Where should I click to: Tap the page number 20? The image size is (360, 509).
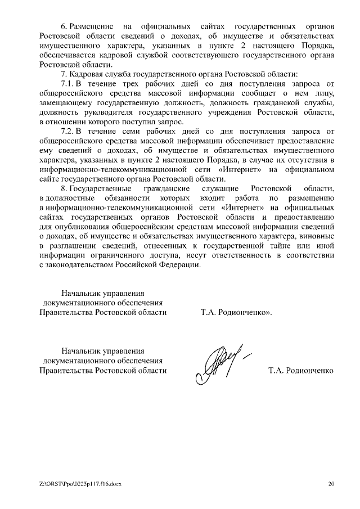coord(331,483)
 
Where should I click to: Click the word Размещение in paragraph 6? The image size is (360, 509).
coord(91,26)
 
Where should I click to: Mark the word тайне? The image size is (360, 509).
coord(283,246)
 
